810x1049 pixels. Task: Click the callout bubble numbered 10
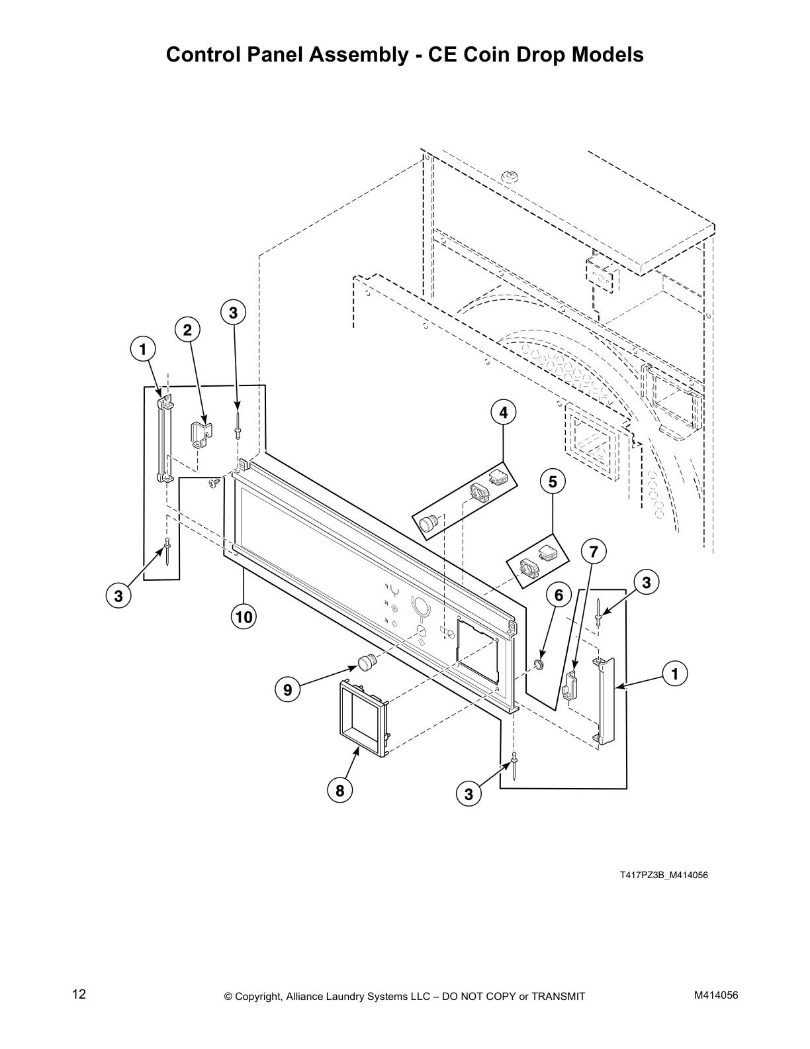[x=244, y=617]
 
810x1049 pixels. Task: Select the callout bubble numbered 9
[x=287, y=690]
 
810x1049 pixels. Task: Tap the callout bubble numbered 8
[x=339, y=790]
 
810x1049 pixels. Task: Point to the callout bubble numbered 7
[x=594, y=551]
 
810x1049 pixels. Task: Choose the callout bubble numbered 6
[x=559, y=595]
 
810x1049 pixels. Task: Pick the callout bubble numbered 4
[x=504, y=413]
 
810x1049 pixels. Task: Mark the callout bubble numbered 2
[x=187, y=329]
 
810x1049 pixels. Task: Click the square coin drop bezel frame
[x=363, y=718]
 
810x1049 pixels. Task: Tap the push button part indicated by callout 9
[x=367, y=661]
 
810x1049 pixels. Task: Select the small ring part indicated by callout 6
[x=540, y=663]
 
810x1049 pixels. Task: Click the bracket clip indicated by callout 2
[x=201, y=433]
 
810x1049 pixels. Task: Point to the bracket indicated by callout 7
[x=570, y=685]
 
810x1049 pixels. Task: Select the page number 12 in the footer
[x=79, y=994]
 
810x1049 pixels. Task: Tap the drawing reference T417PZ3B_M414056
[x=663, y=875]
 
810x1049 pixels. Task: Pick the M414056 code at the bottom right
[x=715, y=994]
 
